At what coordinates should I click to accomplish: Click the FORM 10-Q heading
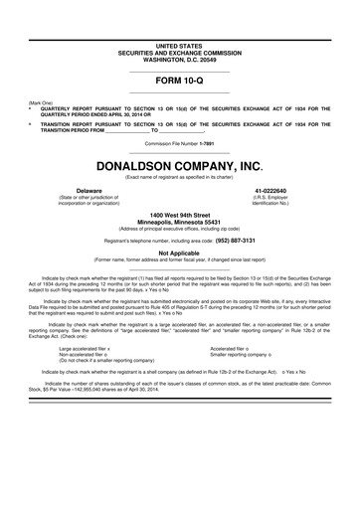pyautogui.click(x=179, y=80)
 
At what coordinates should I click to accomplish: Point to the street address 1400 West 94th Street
pyautogui.click(x=179, y=214)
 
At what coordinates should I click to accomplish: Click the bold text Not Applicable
pyautogui.click(x=179, y=254)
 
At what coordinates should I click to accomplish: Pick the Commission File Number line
pyautogui.click(x=179, y=143)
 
